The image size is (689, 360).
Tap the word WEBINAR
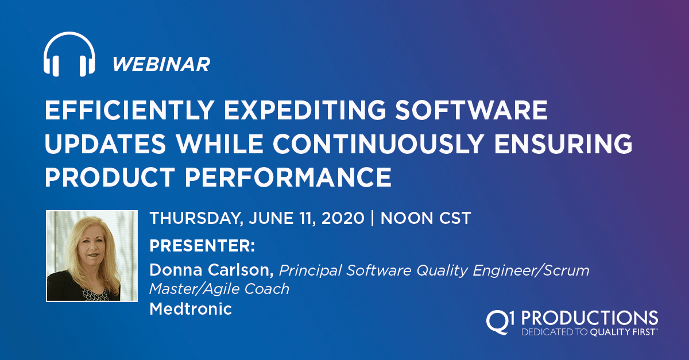161,64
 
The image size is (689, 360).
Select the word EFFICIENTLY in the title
130,110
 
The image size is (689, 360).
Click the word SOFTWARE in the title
471,110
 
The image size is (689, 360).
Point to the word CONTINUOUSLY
378,144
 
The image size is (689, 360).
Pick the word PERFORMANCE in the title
288,177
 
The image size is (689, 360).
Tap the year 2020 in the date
343,218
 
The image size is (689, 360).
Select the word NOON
407,218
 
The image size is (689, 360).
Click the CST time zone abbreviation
455,218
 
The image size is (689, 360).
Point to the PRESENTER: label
202,246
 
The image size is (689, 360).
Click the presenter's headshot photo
92,256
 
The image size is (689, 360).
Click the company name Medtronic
191,309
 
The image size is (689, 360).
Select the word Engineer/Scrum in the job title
531,270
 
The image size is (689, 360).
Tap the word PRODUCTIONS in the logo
589,318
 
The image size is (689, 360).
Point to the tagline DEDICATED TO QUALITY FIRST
589,332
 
